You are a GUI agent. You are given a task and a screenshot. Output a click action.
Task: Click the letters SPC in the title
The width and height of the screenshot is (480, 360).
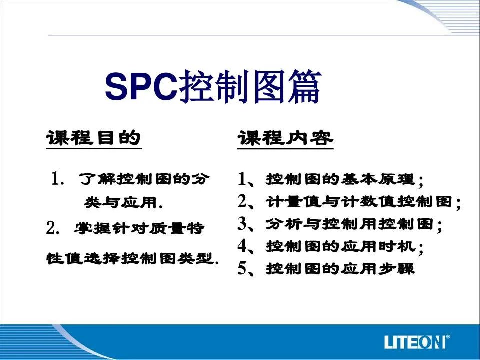coord(141,86)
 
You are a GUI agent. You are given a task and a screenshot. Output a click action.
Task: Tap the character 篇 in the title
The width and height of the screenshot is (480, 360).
coord(305,86)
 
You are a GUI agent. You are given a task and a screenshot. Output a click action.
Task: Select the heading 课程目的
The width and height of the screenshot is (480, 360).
coord(94,138)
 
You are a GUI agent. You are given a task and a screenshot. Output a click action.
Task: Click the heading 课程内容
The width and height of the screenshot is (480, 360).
coord(285,138)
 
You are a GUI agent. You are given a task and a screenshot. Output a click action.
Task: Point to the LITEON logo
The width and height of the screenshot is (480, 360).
coord(417,342)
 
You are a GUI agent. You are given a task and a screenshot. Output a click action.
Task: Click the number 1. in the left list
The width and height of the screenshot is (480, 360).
coord(58,179)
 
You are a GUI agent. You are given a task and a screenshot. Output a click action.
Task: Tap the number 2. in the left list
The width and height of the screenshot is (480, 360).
coord(53,228)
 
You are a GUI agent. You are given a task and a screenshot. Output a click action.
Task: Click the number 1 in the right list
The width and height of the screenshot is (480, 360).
coord(242,179)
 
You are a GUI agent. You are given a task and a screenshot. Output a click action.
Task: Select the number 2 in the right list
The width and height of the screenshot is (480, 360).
coord(242,201)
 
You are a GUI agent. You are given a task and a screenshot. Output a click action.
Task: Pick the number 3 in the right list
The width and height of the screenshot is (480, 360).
coord(242,224)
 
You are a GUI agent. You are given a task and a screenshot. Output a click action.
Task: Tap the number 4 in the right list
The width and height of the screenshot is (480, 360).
coord(242,246)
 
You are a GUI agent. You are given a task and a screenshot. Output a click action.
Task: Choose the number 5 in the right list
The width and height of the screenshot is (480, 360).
coord(242,269)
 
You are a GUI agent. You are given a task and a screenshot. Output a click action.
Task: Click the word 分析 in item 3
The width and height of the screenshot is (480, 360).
coord(284,224)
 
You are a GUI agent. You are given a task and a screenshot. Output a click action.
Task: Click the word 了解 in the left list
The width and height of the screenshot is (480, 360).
coord(97,179)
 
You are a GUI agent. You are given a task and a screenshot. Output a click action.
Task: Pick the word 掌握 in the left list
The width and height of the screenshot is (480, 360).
coord(93,228)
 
